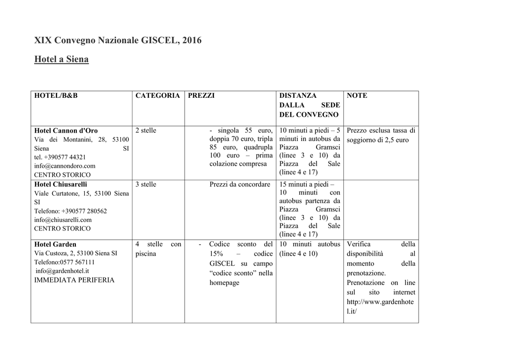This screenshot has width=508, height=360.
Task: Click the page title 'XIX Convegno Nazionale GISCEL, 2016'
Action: pyautogui.click(x=118, y=40)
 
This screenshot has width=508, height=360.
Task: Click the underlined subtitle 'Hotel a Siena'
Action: pyautogui.click(x=61, y=60)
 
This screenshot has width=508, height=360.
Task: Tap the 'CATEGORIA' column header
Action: pyautogui.click(x=157, y=95)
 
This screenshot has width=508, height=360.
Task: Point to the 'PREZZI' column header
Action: pyautogui.click(x=201, y=95)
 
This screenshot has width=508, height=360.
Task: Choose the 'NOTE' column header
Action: pyautogui.click(x=357, y=95)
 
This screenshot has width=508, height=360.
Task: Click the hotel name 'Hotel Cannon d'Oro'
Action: pyautogui.click(x=65, y=131)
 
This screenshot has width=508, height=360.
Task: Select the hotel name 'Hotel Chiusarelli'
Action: pyautogui.click(x=61, y=184)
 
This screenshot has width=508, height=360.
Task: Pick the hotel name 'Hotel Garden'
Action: pyautogui.click(x=55, y=244)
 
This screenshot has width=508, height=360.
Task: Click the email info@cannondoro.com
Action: pyautogui.click(x=64, y=166)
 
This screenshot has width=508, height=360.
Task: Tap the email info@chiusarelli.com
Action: pyautogui.click(x=63, y=219)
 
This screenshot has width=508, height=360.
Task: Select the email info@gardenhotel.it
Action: pyautogui.click(x=63, y=271)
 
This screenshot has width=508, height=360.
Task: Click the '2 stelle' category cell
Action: pyautogui.click(x=146, y=131)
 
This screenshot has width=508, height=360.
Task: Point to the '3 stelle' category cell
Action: pyautogui.click(x=146, y=184)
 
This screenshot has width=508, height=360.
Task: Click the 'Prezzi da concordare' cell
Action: pyautogui.click(x=240, y=184)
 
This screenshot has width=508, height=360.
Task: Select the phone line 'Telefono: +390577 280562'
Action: pyautogui.click(x=70, y=211)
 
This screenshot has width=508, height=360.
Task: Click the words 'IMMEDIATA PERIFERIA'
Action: pyautogui.click(x=74, y=280)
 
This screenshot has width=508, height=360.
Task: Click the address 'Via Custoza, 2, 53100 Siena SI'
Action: pyautogui.click(x=75, y=253)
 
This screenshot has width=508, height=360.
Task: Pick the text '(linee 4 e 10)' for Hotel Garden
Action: pyautogui.click(x=298, y=254)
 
